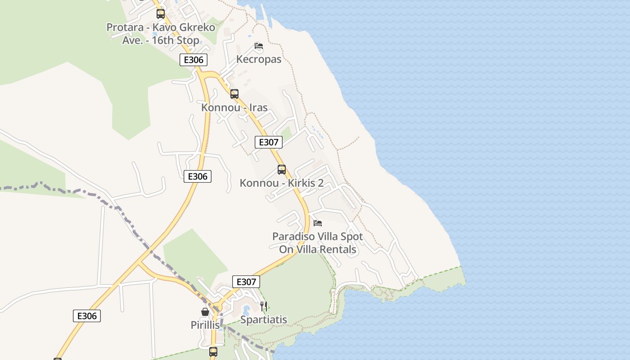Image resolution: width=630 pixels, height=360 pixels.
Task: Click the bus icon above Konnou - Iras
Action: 234,94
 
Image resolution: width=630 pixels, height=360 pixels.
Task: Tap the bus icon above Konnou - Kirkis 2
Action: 282,170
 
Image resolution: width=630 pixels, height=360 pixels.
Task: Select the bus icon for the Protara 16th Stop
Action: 161,13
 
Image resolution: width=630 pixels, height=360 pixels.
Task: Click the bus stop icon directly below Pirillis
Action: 213,351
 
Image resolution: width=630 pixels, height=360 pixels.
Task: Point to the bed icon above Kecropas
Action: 259,46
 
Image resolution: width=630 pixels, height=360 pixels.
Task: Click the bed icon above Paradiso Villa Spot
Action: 318,223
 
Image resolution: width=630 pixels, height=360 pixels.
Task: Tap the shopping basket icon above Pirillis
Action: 205,312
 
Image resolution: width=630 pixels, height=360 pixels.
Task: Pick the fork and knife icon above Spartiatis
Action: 264,306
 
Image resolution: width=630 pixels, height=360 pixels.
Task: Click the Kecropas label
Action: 259,59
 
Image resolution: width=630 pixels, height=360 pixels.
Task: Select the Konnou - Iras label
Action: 234,108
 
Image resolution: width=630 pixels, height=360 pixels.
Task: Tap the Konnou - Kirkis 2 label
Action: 282,183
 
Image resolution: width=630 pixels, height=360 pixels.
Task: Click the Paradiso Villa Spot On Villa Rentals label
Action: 318,243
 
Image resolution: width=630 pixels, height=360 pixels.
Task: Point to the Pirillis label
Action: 205,325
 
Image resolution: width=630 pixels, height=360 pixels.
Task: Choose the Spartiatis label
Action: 264,320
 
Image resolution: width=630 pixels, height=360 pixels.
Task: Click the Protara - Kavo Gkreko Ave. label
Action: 161,34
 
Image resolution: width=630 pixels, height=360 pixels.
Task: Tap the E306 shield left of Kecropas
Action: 193,60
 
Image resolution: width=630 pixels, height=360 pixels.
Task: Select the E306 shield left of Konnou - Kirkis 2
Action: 198,176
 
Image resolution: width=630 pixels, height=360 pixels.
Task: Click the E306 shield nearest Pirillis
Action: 87,316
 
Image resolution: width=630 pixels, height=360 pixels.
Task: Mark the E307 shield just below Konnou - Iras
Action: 269,142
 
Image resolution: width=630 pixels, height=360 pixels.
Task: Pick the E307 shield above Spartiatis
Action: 246,282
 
